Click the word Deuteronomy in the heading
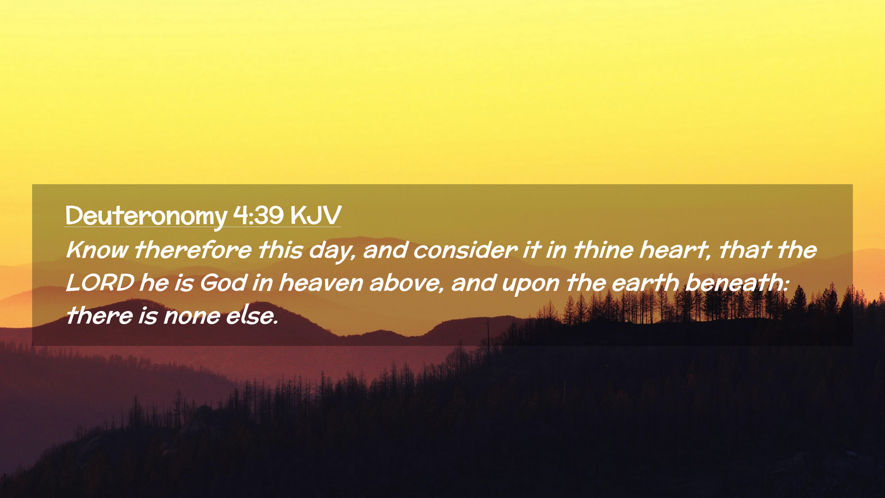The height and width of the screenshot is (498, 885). (146, 216)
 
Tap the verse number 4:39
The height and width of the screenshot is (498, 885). (258, 215)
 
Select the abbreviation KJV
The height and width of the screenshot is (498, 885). (316, 215)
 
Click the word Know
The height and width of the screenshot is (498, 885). (97, 250)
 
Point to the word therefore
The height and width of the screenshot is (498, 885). (193, 250)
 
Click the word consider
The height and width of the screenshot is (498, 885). (465, 250)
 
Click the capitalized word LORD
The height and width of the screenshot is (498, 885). (100, 283)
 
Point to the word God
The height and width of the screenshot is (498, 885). (224, 283)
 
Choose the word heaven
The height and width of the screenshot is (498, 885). (321, 283)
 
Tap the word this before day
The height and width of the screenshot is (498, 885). (280, 250)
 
